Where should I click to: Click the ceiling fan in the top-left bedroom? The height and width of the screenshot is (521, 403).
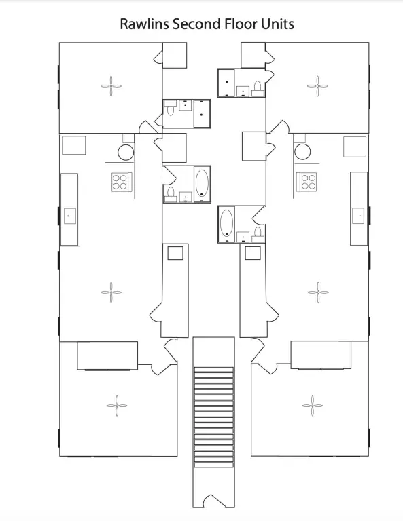111,86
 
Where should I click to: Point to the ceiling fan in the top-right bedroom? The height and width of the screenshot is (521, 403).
317,86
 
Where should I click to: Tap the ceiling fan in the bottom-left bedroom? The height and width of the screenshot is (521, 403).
117,406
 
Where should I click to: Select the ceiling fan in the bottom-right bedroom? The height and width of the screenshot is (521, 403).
313,406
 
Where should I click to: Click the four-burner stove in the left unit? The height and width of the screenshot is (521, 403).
122,182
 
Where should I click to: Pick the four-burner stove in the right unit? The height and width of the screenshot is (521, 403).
306,181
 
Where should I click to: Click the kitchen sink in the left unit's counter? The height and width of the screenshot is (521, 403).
69,216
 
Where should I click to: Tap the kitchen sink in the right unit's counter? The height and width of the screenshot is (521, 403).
358,216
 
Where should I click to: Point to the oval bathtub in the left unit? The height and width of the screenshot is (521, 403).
202,182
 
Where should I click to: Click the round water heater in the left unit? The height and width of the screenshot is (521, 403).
126,153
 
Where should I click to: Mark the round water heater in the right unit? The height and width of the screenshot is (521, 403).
302,152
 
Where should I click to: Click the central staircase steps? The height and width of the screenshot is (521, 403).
213,417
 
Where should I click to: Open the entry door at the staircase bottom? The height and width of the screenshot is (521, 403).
214,501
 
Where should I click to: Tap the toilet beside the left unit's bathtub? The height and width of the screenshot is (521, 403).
171,195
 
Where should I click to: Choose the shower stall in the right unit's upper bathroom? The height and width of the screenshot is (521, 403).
226,83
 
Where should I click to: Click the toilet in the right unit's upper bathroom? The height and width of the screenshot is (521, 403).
258,89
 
